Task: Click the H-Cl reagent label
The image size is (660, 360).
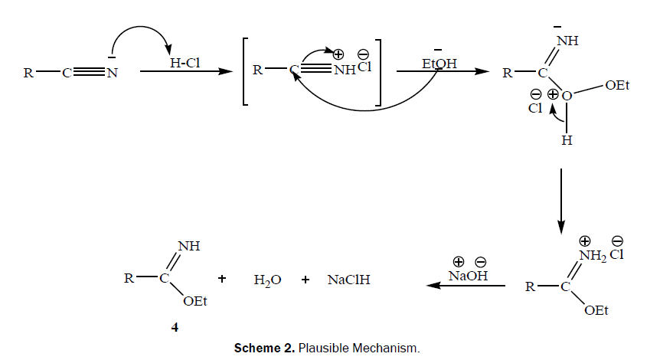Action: pos(184,64)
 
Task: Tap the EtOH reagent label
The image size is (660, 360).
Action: pos(439,64)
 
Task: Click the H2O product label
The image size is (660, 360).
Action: pos(267,280)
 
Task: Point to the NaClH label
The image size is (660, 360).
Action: pos(349,280)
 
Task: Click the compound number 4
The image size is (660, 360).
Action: pos(175,326)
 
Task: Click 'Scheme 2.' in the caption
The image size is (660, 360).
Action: pos(264,349)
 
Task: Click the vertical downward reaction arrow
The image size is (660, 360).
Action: pos(561,199)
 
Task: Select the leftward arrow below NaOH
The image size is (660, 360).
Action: pos(466,286)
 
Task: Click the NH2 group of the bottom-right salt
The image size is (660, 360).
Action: pos(593,256)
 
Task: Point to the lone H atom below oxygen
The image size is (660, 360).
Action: pos(567,141)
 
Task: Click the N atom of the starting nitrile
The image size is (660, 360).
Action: pos(112,74)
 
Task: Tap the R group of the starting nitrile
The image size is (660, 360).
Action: pos(28,74)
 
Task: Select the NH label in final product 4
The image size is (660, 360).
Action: pos(188,246)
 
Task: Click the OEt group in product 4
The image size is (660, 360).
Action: pos(195,301)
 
